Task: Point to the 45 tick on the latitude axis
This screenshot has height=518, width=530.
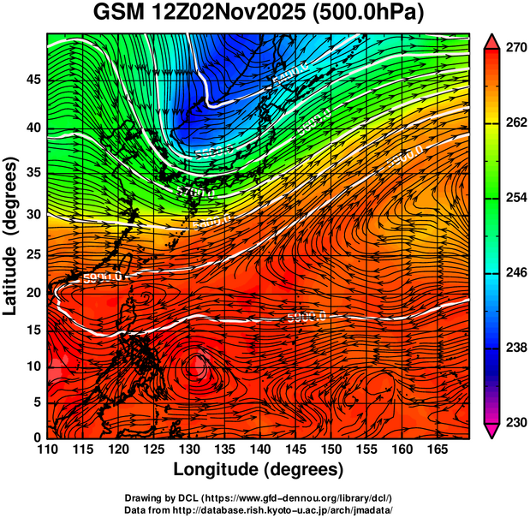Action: point(33,80)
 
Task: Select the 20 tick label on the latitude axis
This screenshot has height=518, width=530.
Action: point(33,293)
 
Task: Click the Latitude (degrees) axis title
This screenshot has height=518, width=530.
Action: point(12,235)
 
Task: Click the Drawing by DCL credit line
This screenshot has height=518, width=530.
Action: point(258,497)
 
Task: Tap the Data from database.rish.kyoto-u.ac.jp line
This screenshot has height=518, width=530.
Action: point(258,509)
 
